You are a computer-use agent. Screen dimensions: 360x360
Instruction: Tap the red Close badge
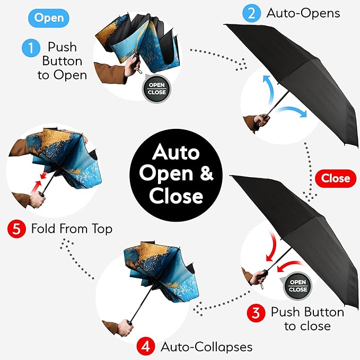336,178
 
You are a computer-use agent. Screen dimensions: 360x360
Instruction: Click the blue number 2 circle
250,13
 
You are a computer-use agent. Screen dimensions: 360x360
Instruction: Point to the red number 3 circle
256,313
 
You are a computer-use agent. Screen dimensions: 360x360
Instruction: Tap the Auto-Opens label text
303,13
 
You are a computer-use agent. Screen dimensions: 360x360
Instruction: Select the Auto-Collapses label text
206,347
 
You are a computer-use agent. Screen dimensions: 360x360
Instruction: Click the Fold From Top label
72,230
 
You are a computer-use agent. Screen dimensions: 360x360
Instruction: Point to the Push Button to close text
307,319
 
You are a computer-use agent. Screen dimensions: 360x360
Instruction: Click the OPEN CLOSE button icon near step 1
157,89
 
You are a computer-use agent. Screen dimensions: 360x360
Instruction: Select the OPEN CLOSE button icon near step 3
297,286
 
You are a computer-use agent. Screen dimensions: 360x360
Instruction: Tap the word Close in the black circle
176,196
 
